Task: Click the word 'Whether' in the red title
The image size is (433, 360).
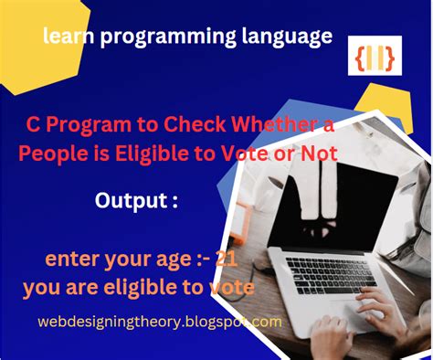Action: pos(272,126)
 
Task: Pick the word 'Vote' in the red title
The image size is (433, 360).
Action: pos(258,154)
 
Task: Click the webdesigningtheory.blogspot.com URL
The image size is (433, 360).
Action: pos(160,322)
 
